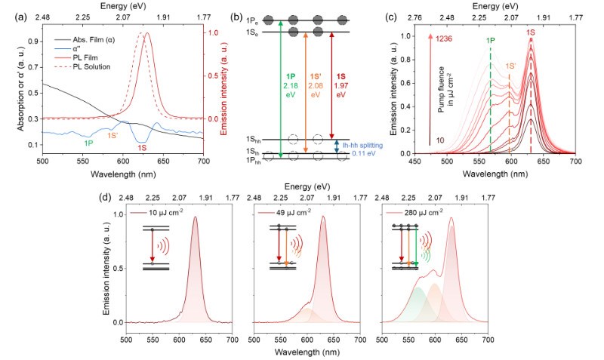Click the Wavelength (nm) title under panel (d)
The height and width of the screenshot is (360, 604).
tap(307, 351)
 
